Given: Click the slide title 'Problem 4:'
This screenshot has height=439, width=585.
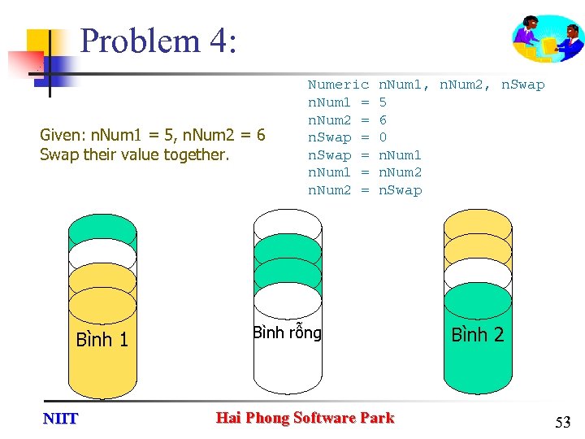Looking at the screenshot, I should (x=158, y=41).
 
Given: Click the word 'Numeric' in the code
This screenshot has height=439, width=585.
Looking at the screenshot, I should (x=338, y=85).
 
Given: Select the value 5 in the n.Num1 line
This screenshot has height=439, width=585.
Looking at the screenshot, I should (x=383, y=102).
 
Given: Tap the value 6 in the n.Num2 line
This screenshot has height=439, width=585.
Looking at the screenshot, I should (x=383, y=120).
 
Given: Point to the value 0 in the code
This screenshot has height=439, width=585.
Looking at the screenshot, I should (x=383, y=137).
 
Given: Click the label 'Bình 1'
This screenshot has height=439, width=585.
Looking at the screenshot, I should (x=102, y=340).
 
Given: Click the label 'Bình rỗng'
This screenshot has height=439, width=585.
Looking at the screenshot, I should (x=287, y=333).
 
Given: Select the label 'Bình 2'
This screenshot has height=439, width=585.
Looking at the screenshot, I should (x=477, y=334).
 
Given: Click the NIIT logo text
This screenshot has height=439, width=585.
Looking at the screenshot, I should (x=60, y=419).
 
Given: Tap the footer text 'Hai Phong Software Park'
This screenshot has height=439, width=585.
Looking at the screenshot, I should (x=305, y=418).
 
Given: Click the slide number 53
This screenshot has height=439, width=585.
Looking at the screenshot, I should (x=562, y=422).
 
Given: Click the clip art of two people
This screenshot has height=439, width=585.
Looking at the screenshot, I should (x=548, y=40).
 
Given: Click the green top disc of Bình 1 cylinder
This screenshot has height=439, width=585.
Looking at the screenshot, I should (x=102, y=228).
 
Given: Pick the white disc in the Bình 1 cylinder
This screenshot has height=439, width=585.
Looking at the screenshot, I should (x=102, y=254).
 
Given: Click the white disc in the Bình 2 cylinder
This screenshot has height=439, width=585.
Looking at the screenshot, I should (x=478, y=274).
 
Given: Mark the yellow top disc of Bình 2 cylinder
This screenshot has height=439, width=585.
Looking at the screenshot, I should (x=478, y=224).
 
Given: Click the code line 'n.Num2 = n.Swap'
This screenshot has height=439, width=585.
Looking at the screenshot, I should (x=365, y=190).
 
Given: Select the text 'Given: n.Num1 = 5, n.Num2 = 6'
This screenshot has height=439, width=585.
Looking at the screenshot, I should (x=152, y=135).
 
